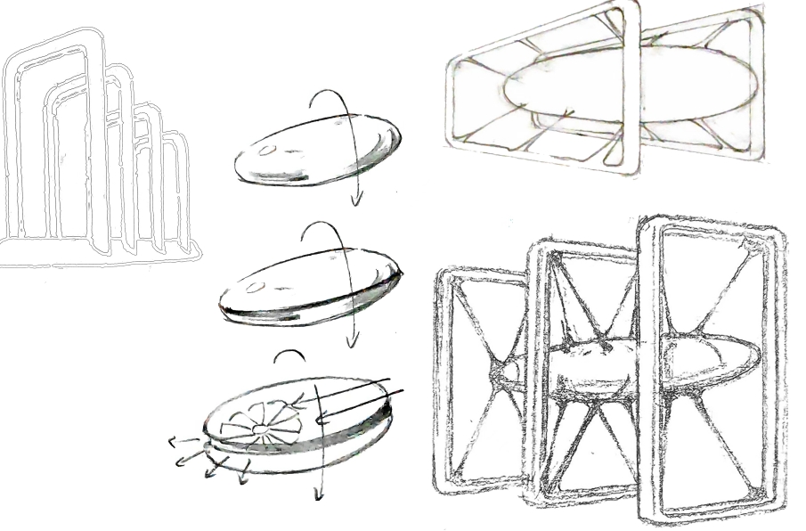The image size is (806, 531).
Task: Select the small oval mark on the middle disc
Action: (x=256, y=287)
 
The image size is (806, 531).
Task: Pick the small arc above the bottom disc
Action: (x=289, y=355)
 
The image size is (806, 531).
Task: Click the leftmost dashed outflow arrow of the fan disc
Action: (x=175, y=440)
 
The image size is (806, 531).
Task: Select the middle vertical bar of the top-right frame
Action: (x=631, y=89)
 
